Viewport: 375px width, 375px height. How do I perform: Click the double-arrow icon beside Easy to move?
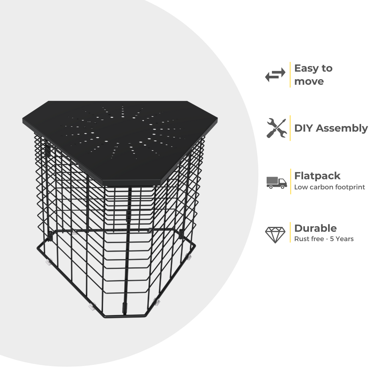(275, 75)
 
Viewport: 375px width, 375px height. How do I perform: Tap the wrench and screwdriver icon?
(276, 128)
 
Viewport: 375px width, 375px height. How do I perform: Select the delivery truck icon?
(277, 181)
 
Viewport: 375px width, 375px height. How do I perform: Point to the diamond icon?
(275, 235)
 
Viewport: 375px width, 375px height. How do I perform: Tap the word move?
(309, 81)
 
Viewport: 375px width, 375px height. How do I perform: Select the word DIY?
(304, 128)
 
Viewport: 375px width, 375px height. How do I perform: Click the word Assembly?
(342, 128)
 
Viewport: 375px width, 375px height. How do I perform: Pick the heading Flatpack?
(317, 176)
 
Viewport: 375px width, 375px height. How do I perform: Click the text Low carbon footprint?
(329, 187)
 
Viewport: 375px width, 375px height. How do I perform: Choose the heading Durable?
(315, 228)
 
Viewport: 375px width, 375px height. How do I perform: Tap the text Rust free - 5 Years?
(324, 239)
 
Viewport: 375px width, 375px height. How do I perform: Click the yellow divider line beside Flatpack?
(290, 181)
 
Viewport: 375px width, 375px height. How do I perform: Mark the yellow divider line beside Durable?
(290, 232)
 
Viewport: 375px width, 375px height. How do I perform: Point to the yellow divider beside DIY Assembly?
(290, 128)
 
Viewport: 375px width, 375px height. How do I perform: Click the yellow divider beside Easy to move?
(290, 75)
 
